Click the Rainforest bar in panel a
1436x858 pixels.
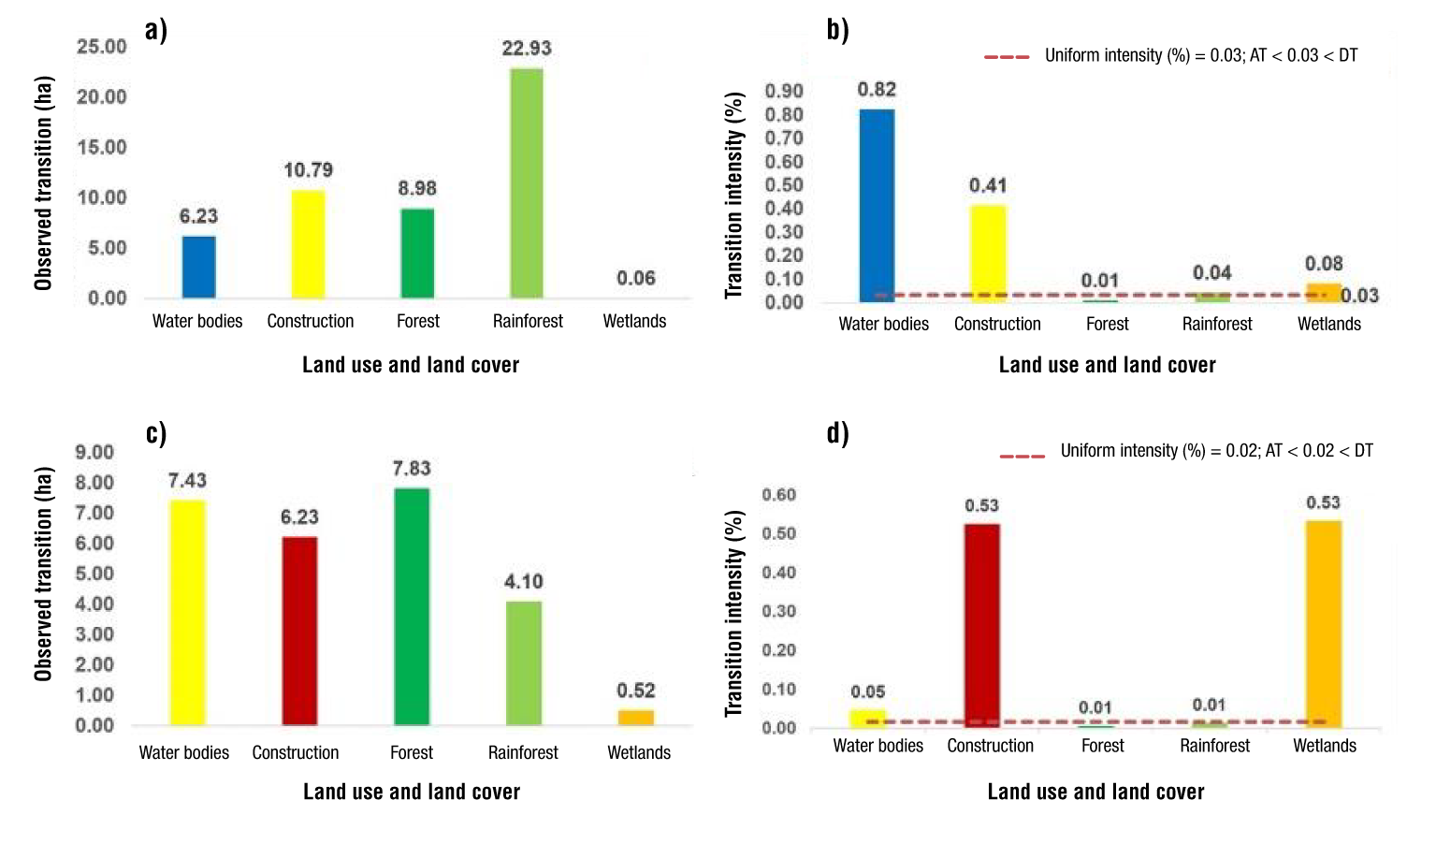tap(526, 183)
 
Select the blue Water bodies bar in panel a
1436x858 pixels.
tap(198, 267)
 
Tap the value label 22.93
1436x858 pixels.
tap(527, 49)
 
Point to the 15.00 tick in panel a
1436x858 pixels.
tap(101, 147)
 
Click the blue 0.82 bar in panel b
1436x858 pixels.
tap(877, 206)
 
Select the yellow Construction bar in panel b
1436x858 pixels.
tap(988, 253)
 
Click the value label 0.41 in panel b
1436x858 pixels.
tap(988, 185)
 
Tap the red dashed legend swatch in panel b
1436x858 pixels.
tap(1007, 57)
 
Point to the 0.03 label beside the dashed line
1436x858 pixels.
tap(1359, 296)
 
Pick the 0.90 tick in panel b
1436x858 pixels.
tap(784, 91)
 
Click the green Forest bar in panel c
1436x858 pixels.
tap(412, 606)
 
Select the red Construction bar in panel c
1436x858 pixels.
tap(299, 631)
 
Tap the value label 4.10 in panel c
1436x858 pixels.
tap(524, 582)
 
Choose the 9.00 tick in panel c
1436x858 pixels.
tap(94, 453)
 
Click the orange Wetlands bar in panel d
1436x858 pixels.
tap(1324, 624)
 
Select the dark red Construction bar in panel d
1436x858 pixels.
tap(982, 625)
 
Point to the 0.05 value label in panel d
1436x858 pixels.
tap(868, 692)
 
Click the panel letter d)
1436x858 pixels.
tap(837, 433)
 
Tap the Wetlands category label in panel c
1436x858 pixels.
tap(639, 752)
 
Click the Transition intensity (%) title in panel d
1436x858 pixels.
tap(735, 613)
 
